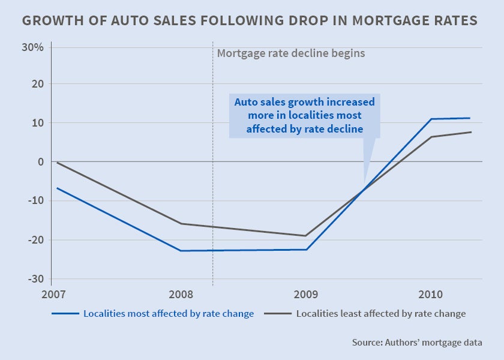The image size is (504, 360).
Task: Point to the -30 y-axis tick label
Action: tap(35, 279)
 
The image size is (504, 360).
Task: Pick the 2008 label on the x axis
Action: tap(181, 295)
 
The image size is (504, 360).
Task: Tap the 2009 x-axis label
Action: tap(306, 295)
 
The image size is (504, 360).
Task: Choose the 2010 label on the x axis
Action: tap(431, 295)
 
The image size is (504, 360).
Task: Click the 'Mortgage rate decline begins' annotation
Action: tap(290, 53)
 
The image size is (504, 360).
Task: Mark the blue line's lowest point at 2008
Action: tap(181, 251)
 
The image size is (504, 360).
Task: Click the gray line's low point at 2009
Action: tap(306, 236)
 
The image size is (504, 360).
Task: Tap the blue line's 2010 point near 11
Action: tap(431, 119)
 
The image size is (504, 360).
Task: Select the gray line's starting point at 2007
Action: tap(56, 163)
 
